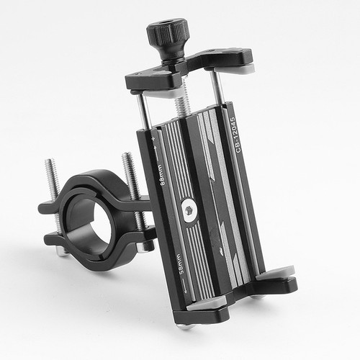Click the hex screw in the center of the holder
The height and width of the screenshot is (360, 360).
pyautogui.click(x=189, y=210)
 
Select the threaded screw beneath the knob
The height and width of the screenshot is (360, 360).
pyautogui.click(x=183, y=96)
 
